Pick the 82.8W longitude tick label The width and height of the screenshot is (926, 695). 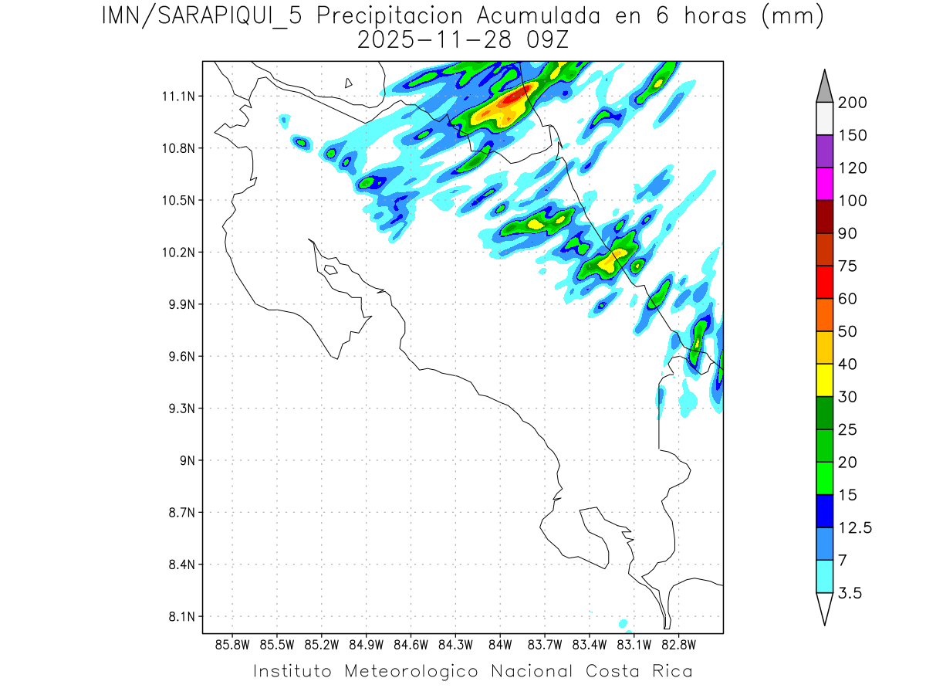pos(678,644)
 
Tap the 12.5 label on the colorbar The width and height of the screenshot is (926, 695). pos(856,527)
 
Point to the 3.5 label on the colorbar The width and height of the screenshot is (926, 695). pos(850,593)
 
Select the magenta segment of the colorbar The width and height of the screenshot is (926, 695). pos(824,184)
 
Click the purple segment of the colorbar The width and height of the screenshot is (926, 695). pos(824,151)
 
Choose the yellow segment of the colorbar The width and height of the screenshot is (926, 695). pos(824,379)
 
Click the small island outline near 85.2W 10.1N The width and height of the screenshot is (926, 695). pos(330,270)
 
